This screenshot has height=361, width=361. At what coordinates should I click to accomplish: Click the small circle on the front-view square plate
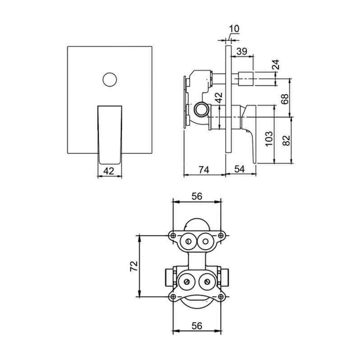click(110, 79)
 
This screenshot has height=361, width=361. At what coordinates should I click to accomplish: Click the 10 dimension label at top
click(234, 29)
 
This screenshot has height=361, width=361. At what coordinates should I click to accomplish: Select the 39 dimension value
click(242, 51)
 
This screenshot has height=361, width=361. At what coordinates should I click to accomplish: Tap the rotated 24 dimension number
click(276, 65)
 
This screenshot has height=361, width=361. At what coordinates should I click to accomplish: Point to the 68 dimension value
click(285, 99)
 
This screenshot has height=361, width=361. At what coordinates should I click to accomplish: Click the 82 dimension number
click(286, 140)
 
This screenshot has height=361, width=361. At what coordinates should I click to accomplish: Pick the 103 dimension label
click(269, 139)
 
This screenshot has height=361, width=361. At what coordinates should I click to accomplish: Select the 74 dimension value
click(204, 170)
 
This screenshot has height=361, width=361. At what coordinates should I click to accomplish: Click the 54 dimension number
click(240, 169)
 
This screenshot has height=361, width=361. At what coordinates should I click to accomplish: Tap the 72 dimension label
click(134, 266)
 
